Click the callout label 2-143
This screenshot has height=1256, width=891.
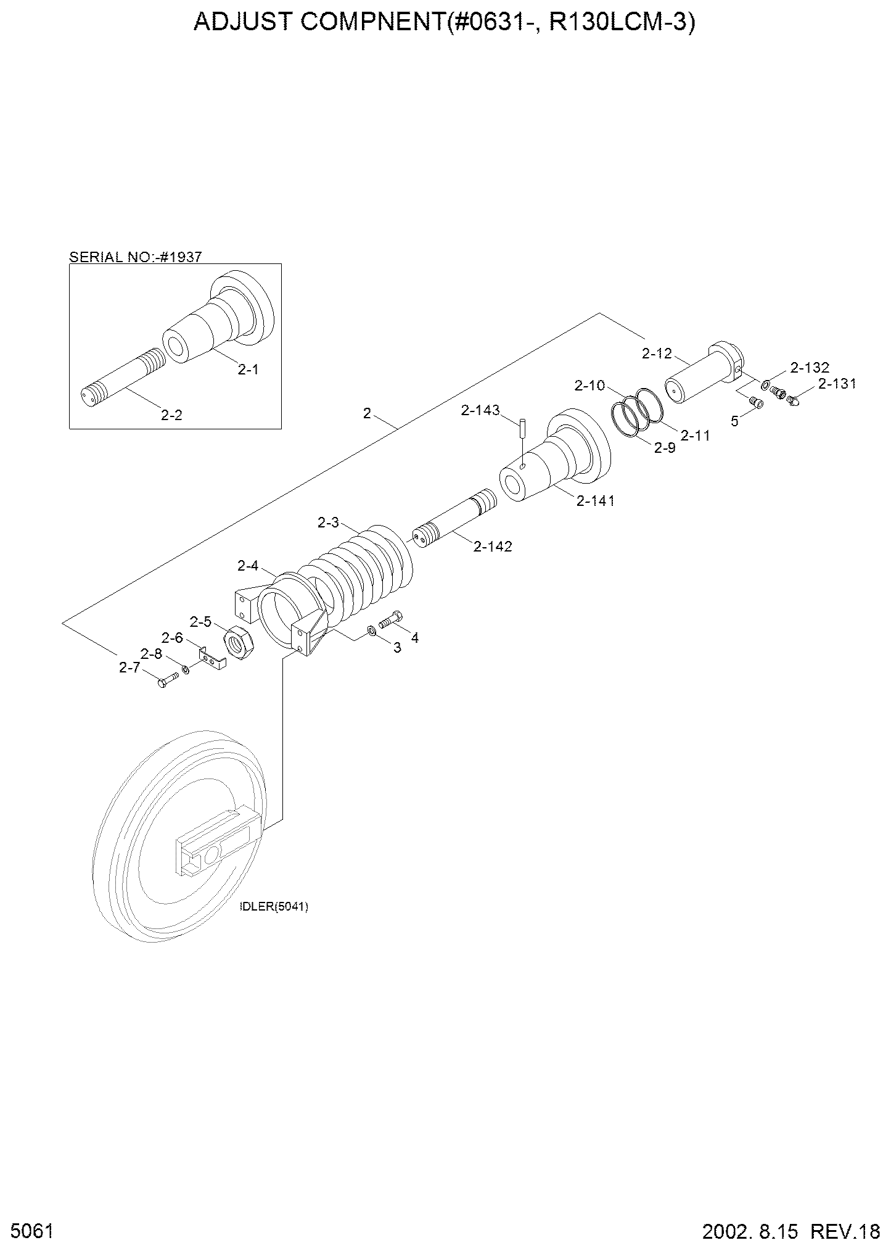[480, 410]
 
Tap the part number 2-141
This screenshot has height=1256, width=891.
[596, 501]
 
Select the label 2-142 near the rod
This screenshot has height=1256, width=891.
[493, 547]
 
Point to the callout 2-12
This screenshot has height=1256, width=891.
[656, 353]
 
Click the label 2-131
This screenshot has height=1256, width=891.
[837, 384]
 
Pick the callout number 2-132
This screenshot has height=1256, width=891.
[810, 368]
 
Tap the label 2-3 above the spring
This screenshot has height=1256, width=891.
[328, 523]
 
